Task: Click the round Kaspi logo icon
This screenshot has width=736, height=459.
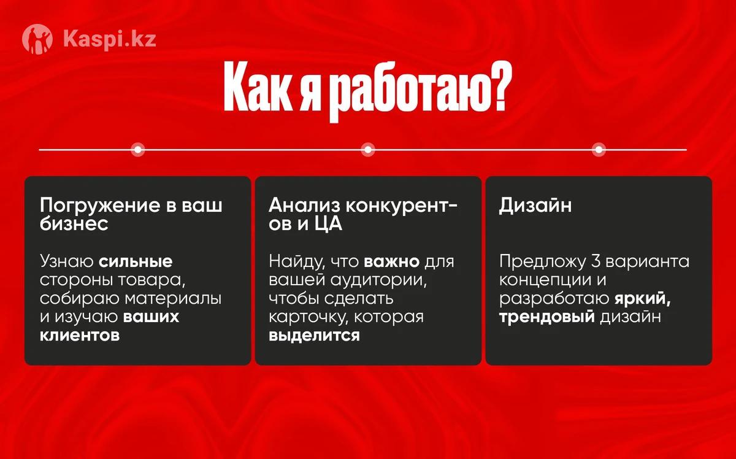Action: tap(37, 39)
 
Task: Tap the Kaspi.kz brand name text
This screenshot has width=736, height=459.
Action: tap(110, 39)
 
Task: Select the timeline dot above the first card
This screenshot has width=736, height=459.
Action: tap(138, 150)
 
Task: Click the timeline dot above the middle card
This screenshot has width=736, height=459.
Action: tap(368, 150)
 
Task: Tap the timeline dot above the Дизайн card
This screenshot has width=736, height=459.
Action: tap(599, 150)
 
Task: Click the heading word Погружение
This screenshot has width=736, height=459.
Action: tap(100, 206)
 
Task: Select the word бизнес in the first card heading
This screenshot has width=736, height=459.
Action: tap(74, 223)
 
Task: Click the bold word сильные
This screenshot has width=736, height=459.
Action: tap(136, 262)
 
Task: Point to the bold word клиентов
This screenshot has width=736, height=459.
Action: tap(80, 336)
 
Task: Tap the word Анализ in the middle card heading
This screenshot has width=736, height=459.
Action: tap(305, 206)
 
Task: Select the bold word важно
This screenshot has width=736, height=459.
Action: tap(392, 262)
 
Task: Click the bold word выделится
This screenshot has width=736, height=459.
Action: tap(315, 336)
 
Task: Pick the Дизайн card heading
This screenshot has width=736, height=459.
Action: tap(535, 205)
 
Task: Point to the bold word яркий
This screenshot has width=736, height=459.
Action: tap(643, 299)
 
